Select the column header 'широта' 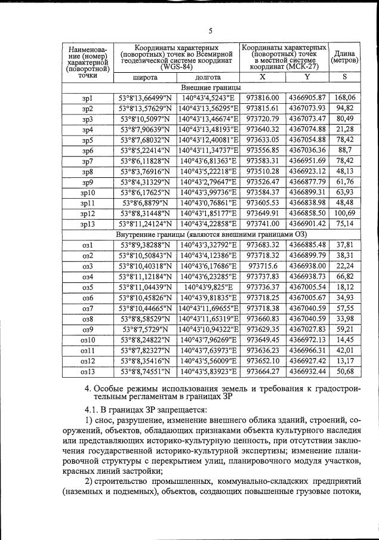[146, 78]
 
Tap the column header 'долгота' [208, 78]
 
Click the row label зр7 [88, 162]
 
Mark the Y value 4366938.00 [307, 266]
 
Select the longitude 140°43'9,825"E [208, 286]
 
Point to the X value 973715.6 [263, 266]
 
